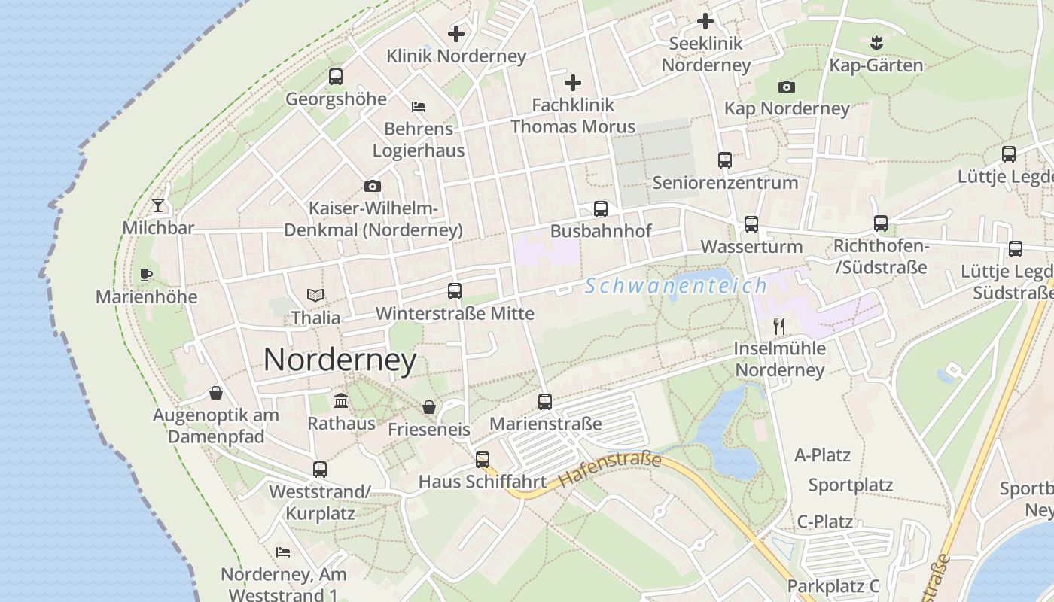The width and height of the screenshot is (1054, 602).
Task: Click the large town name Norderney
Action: point(340,360)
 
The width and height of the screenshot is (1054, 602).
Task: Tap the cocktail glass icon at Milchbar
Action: point(158,205)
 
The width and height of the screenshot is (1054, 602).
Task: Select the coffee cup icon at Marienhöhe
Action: point(146,275)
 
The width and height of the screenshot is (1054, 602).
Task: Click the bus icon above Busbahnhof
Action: point(600,209)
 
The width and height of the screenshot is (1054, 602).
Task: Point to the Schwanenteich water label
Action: point(675,286)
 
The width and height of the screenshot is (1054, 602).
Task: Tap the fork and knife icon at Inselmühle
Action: point(779,327)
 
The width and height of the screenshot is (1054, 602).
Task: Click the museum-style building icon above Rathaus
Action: point(340,400)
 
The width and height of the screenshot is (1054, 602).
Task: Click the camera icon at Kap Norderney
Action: point(787,87)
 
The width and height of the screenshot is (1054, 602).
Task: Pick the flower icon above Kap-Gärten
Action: point(876,42)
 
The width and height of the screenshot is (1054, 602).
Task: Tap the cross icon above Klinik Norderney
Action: point(456,34)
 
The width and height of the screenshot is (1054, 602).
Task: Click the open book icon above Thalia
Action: point(315,295)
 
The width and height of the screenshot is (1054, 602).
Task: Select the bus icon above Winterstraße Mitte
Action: point(455,291)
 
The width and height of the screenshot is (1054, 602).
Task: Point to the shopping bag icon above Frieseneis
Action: point(429,407)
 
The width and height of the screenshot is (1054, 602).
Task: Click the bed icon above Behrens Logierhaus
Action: point(419,107)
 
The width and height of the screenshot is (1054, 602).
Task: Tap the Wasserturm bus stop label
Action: point(751,247)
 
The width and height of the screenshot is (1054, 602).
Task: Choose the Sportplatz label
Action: point(850,485)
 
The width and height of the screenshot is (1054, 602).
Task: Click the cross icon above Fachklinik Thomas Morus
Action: point(573,82)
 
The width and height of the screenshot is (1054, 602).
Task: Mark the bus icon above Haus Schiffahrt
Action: point(483,459)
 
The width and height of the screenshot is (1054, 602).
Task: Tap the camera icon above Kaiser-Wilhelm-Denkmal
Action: point(373,186)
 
